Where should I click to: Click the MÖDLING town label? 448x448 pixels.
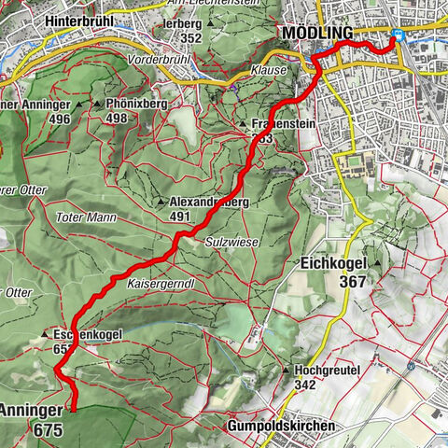[317, 34]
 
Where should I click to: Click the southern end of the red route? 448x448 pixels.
[73, 408]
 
